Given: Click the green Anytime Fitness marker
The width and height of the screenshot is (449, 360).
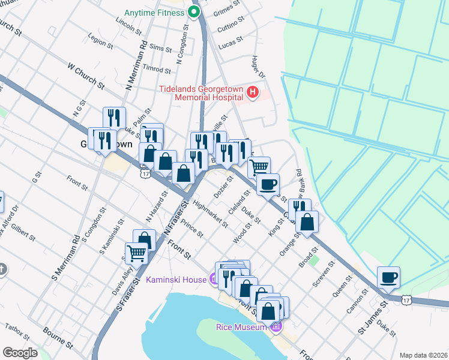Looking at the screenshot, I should [x=193, y=12].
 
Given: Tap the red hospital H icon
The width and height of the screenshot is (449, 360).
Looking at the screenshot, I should [x=253, y=93].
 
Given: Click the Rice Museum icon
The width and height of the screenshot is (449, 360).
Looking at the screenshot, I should [x=276, y=327].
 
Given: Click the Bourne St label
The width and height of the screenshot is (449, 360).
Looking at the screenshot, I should [x=58, y=338].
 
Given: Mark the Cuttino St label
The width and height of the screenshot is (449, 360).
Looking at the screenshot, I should [x=232, y=23].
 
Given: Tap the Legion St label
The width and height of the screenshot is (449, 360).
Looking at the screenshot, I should [x=100, y=42].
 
